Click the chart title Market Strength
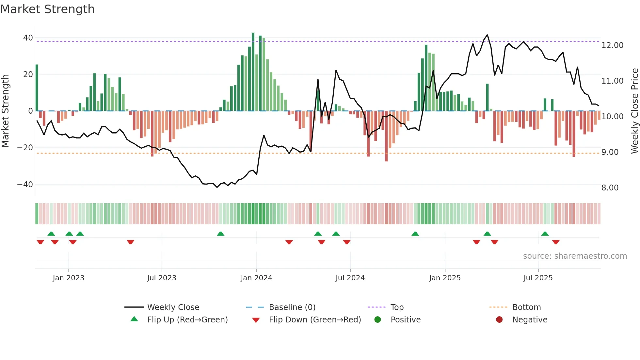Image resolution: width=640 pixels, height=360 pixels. coord(47,9)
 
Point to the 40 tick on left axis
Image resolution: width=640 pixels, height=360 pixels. coord(28,38)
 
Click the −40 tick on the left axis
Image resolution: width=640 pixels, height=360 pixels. coord(25,185)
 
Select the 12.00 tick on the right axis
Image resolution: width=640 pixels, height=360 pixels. coord(612,45)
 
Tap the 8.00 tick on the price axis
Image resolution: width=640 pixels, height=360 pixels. coord(610,188)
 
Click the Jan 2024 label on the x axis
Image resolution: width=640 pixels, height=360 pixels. coord(256,278)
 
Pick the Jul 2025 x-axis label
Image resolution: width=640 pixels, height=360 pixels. coord(538,278)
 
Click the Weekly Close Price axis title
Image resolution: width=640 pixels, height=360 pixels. coord(634,111)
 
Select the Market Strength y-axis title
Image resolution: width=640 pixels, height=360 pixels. coord(5,111)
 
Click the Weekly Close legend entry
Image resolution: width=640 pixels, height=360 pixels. coord(173,307)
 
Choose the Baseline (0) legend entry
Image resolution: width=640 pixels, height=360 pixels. coord(292,307)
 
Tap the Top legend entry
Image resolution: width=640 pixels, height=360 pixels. coord(397,307)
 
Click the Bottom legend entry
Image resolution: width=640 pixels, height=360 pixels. coord(526,307)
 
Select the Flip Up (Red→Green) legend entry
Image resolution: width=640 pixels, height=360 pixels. coord(187,320)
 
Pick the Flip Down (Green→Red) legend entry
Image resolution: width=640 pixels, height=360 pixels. coord(315,320)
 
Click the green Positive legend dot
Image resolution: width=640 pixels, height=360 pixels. coord(378,320)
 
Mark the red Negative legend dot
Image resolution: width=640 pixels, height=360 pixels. coord(499,320)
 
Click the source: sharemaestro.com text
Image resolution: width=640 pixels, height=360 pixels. coord(575,256)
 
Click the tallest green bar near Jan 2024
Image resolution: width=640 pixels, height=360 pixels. coord(253,72)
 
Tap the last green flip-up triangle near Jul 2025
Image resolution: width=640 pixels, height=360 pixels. coord(545,234)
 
